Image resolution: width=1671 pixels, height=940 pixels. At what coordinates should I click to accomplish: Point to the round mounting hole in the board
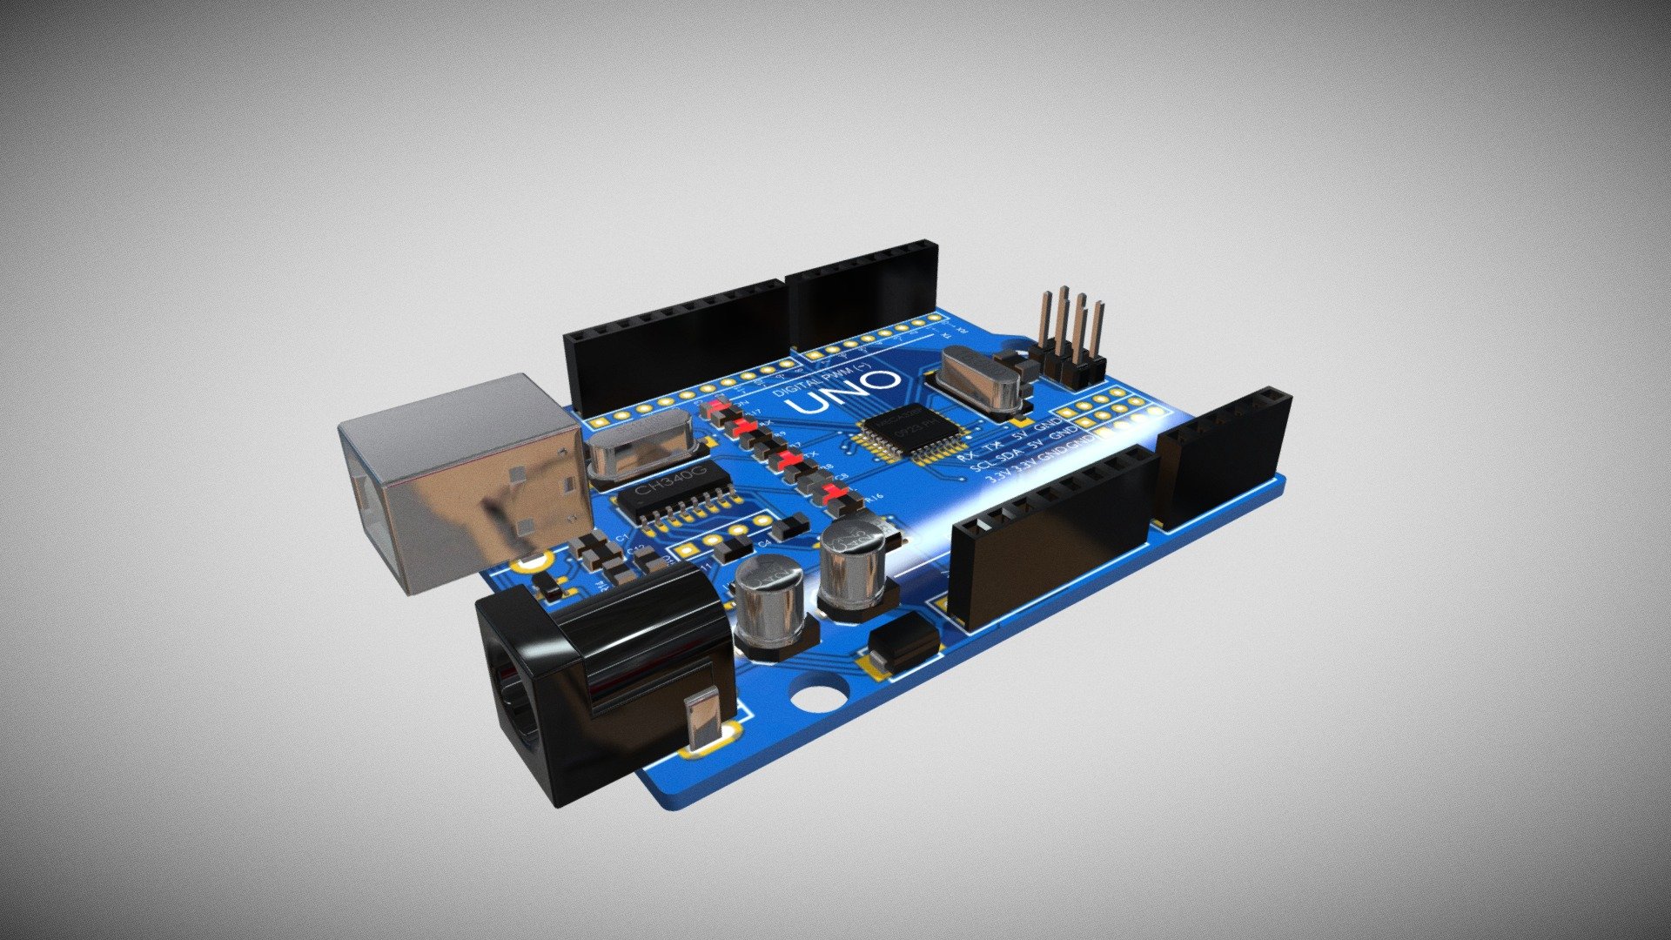[820, 697]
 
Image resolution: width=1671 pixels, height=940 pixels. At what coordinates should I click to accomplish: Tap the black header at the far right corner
[1223, 461]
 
